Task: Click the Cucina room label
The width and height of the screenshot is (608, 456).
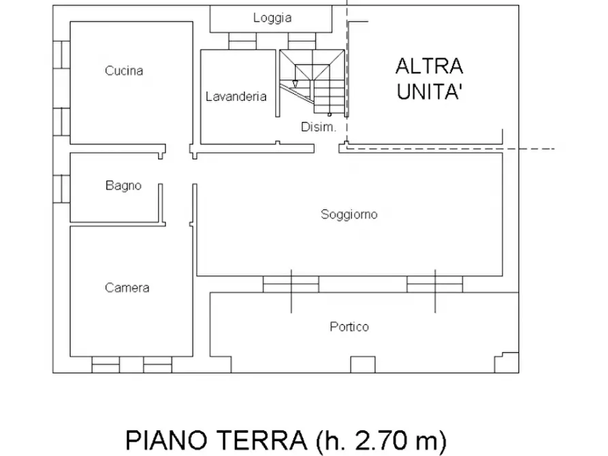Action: coord(124,70)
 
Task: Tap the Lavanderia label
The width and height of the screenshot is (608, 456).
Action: coord(236,97)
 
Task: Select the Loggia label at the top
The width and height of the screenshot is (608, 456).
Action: coord(272,18)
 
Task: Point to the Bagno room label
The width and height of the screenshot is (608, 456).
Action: coord(123,184)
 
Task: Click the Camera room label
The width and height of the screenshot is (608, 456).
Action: coord(127,287)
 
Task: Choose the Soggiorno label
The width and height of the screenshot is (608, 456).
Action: coord(349,214)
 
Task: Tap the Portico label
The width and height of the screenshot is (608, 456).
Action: coord(349,327)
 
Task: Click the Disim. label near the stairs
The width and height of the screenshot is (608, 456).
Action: coord(318,127)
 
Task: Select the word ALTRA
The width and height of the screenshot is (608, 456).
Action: coord(429,67)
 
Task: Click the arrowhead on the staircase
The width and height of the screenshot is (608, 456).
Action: coord(294,84)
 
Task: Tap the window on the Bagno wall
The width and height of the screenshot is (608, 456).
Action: coord(62,188)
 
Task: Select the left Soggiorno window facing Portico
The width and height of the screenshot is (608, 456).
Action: coord(291,284)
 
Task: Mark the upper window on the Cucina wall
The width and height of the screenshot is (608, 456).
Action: coord(62,54)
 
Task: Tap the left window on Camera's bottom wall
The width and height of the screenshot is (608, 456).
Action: coord(106,365)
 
